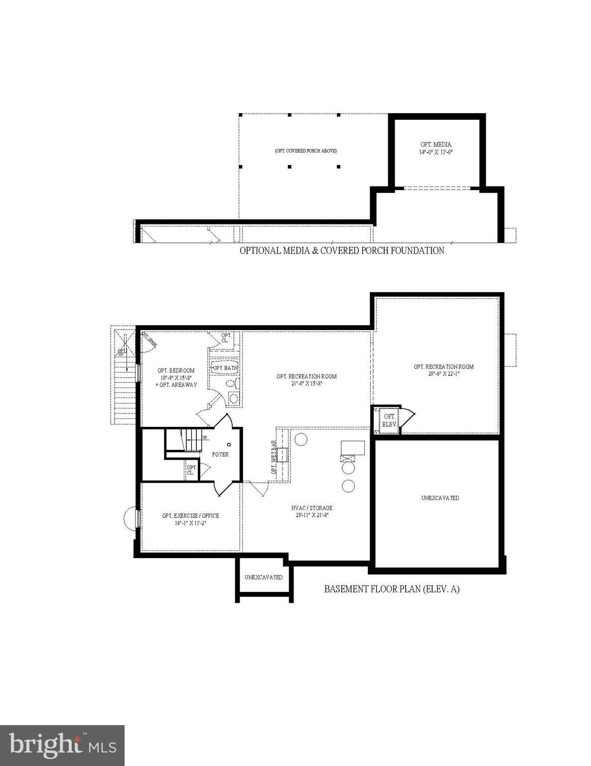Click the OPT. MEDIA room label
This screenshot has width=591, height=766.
436,145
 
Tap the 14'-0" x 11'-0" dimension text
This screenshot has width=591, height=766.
436,152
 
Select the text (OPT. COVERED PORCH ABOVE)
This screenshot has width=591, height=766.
305,151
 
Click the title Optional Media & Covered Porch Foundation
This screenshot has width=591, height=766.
342,250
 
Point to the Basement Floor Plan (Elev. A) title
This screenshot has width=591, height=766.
392,589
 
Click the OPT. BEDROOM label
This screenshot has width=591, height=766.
176,371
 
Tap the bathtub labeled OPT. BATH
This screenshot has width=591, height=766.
225,368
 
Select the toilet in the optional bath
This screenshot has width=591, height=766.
231,383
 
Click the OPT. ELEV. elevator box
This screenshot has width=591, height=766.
389,420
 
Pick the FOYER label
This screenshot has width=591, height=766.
220,454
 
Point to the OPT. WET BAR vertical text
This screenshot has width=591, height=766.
274,457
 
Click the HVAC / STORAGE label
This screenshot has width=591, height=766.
312,508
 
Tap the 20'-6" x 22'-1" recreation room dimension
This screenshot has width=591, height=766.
443,374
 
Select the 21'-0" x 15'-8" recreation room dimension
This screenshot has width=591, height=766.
306,383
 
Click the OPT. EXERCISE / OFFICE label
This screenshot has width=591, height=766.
190,516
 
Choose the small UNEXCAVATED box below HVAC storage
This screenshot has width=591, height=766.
264,577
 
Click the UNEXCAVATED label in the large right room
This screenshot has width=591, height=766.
440,498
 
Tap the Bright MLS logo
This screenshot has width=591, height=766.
62,746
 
